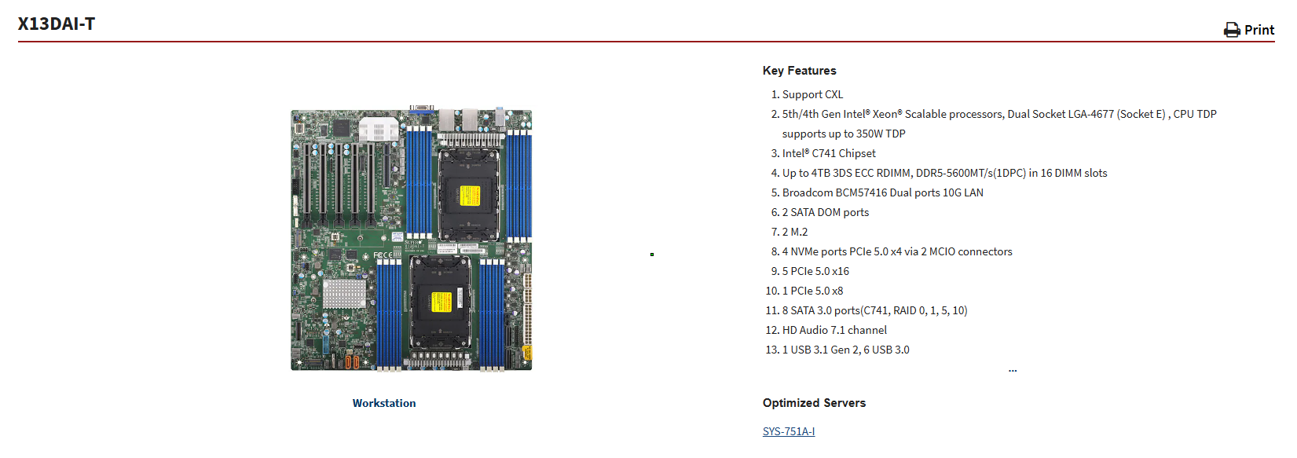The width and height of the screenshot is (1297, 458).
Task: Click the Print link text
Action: tap(1259, 30)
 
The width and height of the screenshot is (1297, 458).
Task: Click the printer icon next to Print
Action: tap(1232, 30)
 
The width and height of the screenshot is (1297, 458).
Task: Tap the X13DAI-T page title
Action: tap(57, 24)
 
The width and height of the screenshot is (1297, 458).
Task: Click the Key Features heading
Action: tap(799, 71)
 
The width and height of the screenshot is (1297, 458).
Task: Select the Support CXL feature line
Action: tap(812, 94)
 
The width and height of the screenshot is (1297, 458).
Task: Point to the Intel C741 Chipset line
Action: tap(829, 153)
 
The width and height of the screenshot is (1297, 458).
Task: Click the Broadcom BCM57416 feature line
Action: tap(882, 192)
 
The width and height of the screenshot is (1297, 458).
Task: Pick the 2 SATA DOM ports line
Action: tap(825, 212)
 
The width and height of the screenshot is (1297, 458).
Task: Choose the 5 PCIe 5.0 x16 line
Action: tap(815, 271)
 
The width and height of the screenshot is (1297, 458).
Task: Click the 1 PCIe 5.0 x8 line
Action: tap(812, 291)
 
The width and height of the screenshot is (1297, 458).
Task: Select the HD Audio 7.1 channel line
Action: tap(834, 330)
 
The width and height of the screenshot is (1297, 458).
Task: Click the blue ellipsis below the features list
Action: tap(1013, 370)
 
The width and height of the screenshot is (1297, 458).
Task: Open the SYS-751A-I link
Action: tap(789, 431)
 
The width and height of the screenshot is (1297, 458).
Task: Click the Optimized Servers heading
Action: tap(814, 403)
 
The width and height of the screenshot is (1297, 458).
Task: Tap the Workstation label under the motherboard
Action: tap(384, 403)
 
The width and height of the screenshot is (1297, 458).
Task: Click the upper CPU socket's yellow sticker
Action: tap(470, 196)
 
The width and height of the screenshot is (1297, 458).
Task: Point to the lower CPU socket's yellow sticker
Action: tap(441, 302)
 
